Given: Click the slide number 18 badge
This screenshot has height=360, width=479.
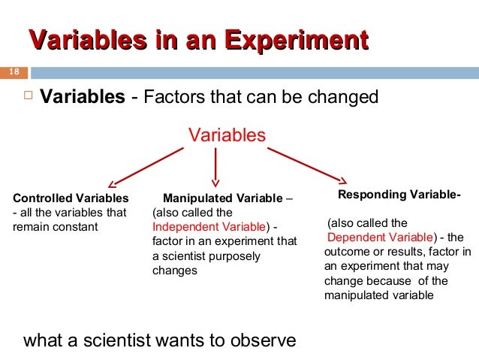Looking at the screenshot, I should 13,73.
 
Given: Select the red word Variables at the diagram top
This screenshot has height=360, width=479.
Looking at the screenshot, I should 227,135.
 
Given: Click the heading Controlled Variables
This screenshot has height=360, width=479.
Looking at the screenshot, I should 71,198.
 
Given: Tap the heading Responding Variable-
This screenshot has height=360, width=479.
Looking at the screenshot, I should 399,195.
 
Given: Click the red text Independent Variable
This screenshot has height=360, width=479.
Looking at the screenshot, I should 209,227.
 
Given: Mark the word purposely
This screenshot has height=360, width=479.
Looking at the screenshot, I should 235,256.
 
